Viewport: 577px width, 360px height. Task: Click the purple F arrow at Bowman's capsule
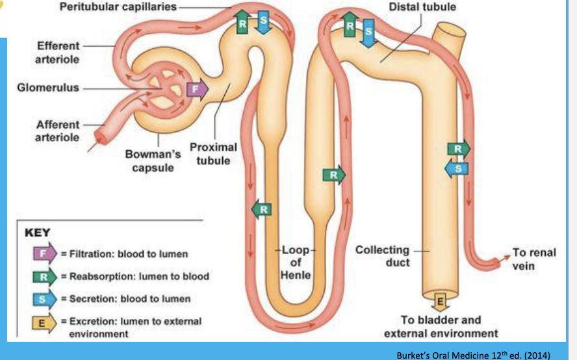tap(196, 88)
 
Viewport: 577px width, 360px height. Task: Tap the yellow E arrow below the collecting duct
tap(439, 302)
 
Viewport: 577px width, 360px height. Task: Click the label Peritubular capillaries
tap(118, 6)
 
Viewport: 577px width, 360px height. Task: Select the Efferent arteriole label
tap(58, 52)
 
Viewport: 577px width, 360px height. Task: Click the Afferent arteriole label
tap(58, 131)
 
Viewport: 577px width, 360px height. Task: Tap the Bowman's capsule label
tap(153, 161)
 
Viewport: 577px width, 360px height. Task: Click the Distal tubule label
tap(422, 7)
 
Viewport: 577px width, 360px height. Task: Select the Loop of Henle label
tap(296, 263)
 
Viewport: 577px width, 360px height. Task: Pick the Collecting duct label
tap(383, 255)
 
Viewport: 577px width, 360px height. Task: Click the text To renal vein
tap(534, 259)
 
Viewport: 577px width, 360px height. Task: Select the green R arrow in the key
tap(45, 276)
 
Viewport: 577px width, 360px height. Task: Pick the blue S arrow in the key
tap(45, 298)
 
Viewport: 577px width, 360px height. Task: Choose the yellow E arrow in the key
tap(45, 321)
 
